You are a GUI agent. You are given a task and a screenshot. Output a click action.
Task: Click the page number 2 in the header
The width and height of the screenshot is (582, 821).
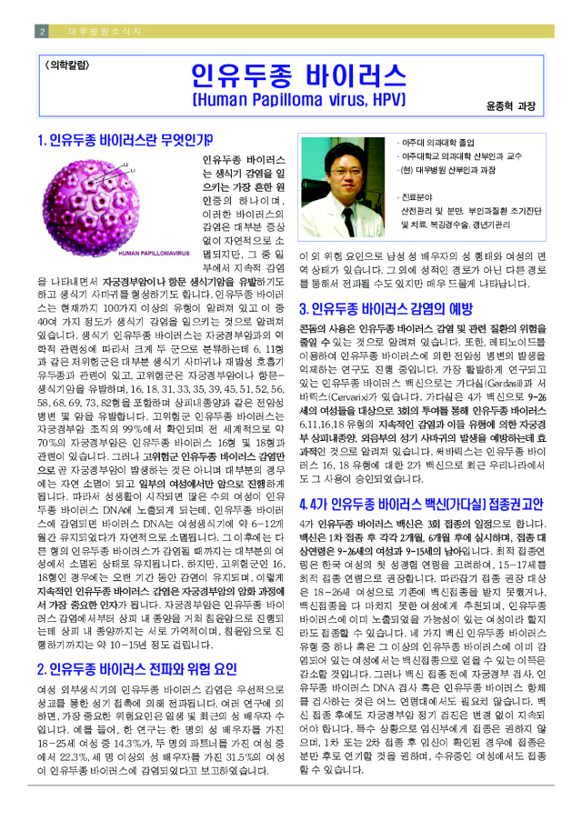(42, 31)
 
